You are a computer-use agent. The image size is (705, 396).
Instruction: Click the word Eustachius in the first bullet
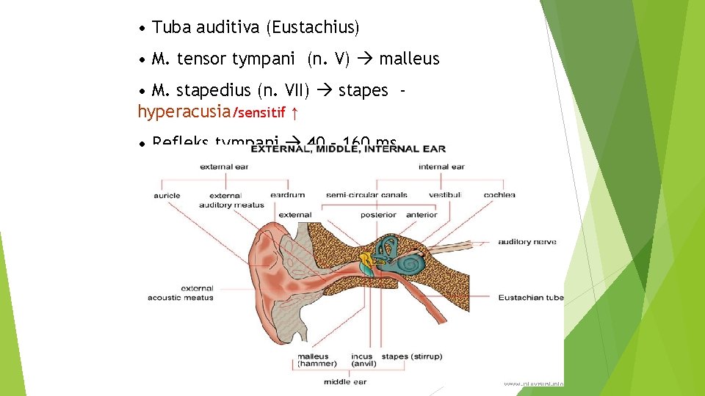pos(313,28)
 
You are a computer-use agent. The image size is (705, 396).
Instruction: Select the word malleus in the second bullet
pos(409,59)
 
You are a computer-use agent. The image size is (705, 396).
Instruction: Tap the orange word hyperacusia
pos(184,112)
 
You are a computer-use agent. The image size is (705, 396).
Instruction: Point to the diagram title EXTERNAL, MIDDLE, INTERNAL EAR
pos(347,149)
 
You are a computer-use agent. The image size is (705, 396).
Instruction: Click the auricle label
pos(167,195)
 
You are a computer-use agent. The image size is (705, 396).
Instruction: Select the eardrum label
pos(287,195)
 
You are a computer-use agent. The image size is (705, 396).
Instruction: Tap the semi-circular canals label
pos(366,195)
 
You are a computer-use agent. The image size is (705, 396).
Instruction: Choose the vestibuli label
pos(445,195)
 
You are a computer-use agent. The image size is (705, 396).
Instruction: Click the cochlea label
pos(499,195)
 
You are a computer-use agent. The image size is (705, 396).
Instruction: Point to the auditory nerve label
pos(527,242)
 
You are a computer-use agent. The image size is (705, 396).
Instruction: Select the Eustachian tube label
pos(531,297)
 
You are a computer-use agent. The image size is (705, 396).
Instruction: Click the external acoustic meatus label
pos(181,293)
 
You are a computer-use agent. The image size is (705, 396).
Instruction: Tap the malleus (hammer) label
pos(317,360)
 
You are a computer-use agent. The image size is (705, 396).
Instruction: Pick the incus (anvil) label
pos(363,360)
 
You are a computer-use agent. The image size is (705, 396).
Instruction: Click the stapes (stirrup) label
pos(412,356)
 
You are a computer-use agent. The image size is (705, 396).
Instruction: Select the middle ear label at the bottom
pos(345,381)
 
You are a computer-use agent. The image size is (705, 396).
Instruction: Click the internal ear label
pos(441,166)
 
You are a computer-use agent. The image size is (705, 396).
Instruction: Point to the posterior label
pos(379,215)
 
